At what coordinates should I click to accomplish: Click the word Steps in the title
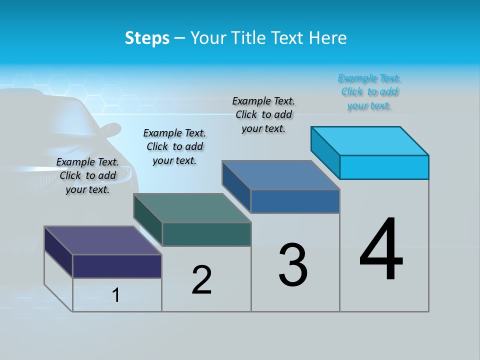pyautogui.click(x=147, y=38)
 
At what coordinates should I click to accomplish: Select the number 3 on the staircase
pyautogui.click(x=293, y=265)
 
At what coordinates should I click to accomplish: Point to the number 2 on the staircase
pyautogui.click(x=201, y=280)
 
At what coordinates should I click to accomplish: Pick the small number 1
pyautogui.click(x=116, y=295)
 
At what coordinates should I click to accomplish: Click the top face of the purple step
pyautogui.click(x=102, y=240)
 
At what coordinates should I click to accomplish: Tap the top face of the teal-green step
pyautogui.click(x=192, y=208)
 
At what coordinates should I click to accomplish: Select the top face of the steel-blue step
pyautogui.click(x=280, y=175)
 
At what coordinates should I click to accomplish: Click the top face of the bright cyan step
pyautogui.click(x=370, y=141)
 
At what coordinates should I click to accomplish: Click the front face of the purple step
pyautogui.click(x=117, y=266)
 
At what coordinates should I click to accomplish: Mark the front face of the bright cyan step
pyautogui.click(x=384, y=167)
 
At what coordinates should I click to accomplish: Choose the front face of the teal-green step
pyautogui.click(x=206, y=234)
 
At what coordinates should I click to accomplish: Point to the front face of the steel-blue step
pyautogui.click(x=295, y=201)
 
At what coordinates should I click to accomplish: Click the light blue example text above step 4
pyautogui.click(x=369, y=92)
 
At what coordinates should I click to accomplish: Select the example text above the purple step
pyautogui.click(x=88, y=175)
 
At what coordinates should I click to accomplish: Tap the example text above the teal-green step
pyautogui.click(x=174, y=146)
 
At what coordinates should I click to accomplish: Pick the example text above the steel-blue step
pyautogui.click(x=263, y=114)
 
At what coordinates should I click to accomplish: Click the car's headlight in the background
pyautogui.click(x=120, y=174)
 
